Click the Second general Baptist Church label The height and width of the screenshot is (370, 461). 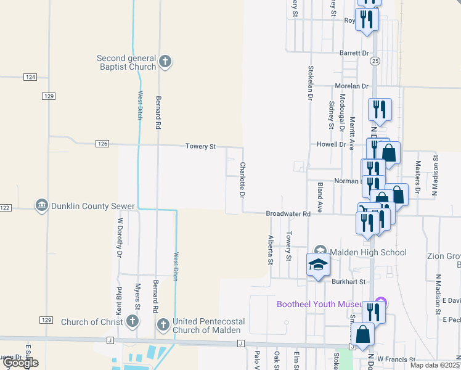pos(126,62)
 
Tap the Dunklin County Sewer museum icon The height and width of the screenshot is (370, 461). pos(42,205)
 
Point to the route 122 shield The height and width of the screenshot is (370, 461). pos(5,208)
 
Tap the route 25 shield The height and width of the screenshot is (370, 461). pos(375,60)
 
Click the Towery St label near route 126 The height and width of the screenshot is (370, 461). pos(201,147)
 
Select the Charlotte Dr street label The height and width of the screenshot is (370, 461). pos(243,179)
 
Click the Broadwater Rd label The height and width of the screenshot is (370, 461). pos(287,213)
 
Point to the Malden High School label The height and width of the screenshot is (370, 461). pos(368,252)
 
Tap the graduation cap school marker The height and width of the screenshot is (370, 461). pos(318,265)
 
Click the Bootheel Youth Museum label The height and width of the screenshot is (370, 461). pos(325,303)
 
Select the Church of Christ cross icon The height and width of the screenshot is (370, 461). pos(132,321)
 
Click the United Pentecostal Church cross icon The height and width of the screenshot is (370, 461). pos(163,324)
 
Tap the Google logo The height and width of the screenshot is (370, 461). pos(20,363)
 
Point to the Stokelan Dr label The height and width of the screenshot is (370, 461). pos(311,83)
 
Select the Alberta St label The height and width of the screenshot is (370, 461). pos(270,249)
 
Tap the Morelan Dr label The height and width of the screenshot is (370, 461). pos(351,86)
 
